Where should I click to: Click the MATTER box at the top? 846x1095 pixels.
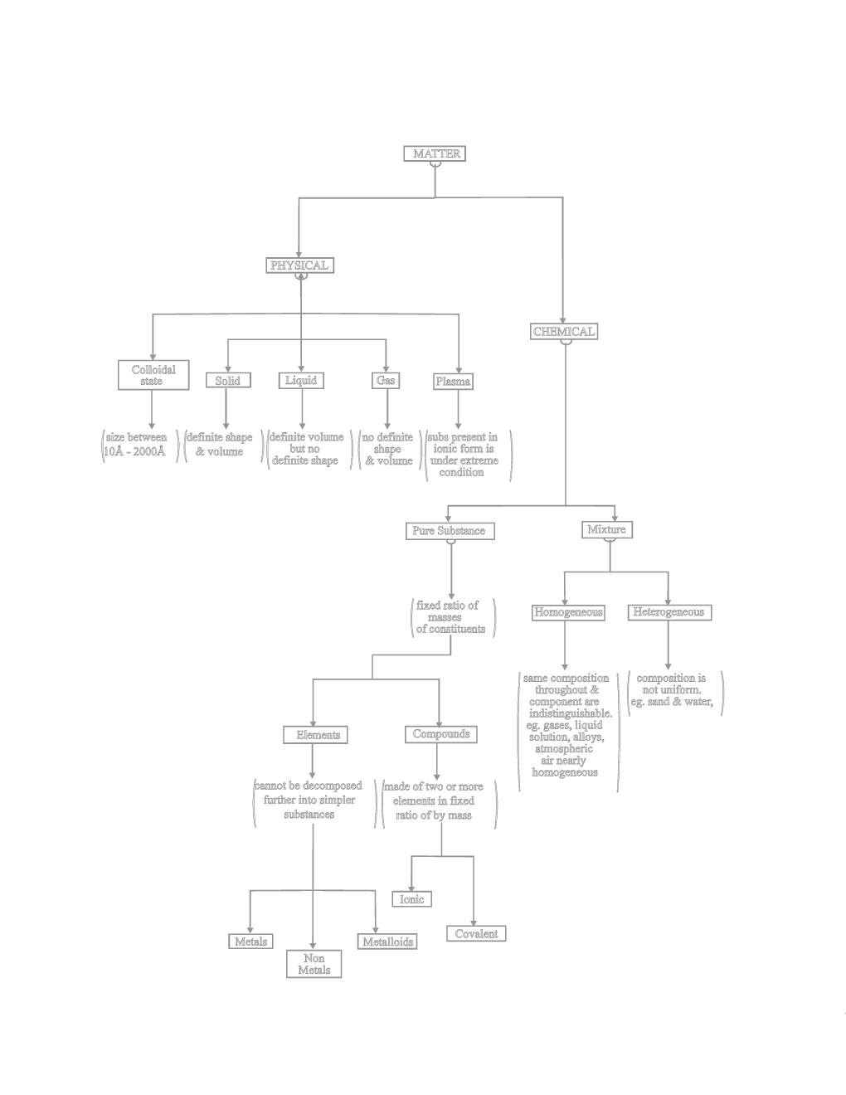click(435, 153)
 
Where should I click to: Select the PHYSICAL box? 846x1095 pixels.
click(299, 265)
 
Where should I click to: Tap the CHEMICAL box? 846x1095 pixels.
click(564, 332)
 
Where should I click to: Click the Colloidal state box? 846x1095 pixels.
click(153, 375)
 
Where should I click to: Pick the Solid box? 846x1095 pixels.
click(227, 381)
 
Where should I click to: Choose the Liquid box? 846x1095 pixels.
click(301, 380)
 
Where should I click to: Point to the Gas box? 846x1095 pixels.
click(386, 380)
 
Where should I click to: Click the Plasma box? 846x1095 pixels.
click(453, 382)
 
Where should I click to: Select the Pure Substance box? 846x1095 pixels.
click(449, 530)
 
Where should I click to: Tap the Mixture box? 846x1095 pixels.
click(606, 529)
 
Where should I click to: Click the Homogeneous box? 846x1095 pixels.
click(568, 612)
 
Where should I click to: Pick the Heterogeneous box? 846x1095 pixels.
click(668, 612)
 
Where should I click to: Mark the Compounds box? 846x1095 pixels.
click(441, 734)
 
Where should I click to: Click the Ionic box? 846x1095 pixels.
click(411, 899)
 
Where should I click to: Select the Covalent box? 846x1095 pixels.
click(476, 933)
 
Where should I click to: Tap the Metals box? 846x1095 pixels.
click(251, 942)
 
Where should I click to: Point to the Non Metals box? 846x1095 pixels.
click(314, 964)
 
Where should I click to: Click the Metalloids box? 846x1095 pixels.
click(387, 942)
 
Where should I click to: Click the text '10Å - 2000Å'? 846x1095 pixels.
click(134, 451)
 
